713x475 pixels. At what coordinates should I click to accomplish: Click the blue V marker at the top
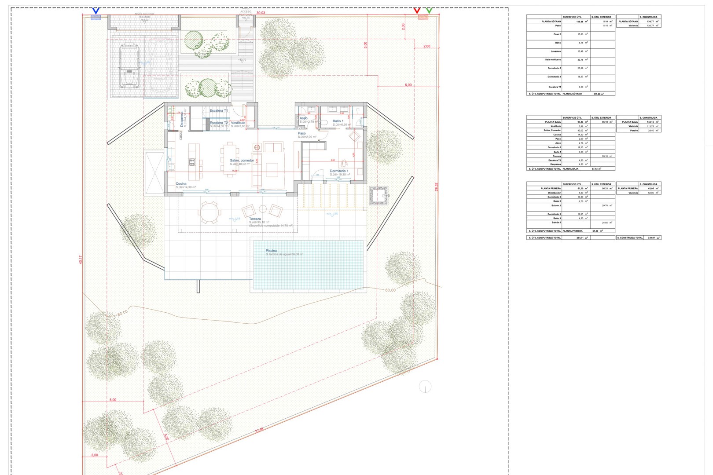tap(96, 11)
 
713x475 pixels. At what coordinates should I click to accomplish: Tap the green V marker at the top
tap(429, 10)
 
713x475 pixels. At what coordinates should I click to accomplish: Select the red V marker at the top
tap(417, 10)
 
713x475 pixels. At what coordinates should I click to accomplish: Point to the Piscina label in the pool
tap(271, 251)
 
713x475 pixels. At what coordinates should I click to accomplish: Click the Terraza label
tap(255, 219)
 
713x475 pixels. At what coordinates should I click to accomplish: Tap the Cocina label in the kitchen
tap(181, 183)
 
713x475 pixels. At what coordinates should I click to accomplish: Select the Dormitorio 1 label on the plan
tap(339, 171)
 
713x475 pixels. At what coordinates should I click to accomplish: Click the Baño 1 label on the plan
tap(338, 121)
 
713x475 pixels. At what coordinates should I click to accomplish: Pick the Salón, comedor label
tap(242, 161)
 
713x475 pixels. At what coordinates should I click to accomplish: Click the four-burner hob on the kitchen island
tap(192, 162)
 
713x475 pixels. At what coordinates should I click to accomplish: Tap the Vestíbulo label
tap(238, 123)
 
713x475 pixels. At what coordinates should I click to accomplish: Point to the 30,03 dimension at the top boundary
tap(261, 13)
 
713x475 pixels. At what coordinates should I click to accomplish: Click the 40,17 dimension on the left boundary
tap(81, 259)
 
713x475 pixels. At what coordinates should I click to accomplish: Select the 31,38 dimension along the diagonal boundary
tap(259, 430)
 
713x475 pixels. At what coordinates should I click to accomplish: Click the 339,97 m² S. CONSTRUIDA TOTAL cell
tap(651, 238)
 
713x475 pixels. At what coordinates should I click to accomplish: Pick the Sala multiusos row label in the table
tap(553, 60)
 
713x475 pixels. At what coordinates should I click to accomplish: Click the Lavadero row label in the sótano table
tap(555, 51)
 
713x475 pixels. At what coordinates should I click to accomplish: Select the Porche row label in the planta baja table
tap(634, 130)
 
